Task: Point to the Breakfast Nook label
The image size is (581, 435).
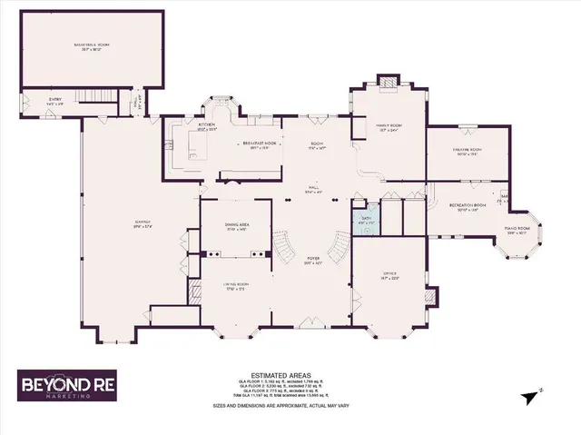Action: (x=258, y=147)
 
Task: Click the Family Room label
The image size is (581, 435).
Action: (x=389, y=128)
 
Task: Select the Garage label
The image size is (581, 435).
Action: (x=142, y=218)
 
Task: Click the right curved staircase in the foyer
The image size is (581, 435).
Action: (x=338, y=246)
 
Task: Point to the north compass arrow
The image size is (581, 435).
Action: (x=539, y=390)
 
